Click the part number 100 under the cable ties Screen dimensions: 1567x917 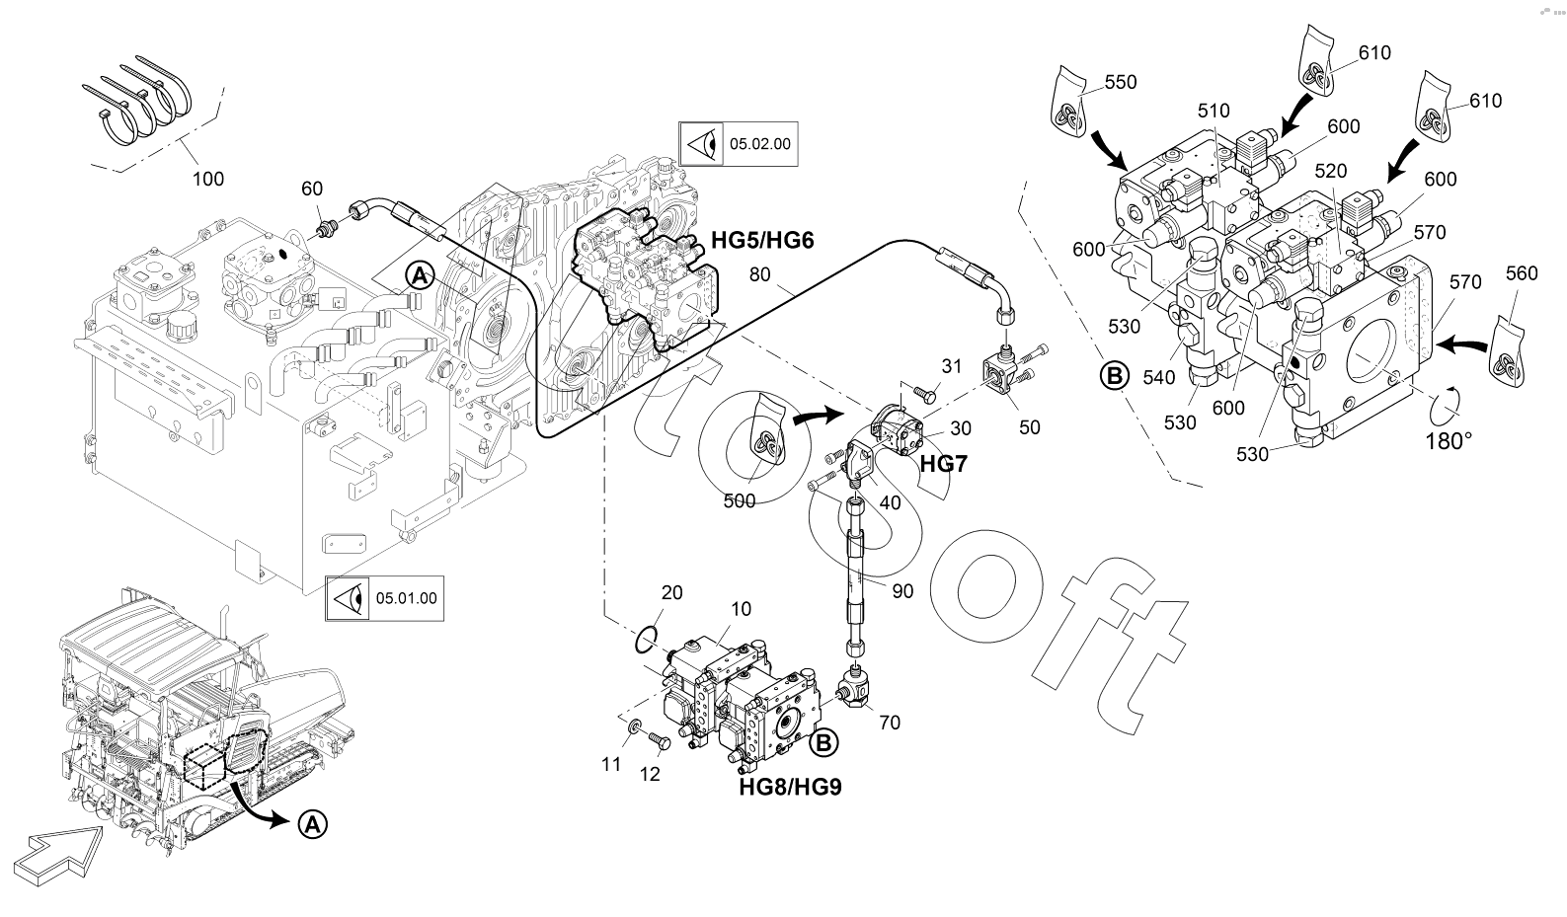pyautogui.click(x=207, y=179)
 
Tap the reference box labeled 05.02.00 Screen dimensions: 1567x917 pyautogui.click(x=738, y=144)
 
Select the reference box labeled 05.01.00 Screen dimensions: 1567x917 pyautogui.click(x=384, y=598)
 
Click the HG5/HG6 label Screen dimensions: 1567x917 pyautogui.click(x=762, y=241)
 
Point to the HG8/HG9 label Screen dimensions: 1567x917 pyautogui.click(x=791, y=787)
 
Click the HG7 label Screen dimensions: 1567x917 pyautogui.click(x=943, y=463)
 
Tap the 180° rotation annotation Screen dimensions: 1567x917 pyautogui.click(x=1449, y=441)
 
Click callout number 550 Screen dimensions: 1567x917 pyautogui.click(x=1121, y=82)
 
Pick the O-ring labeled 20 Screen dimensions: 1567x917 pyautogui.click(x=647, y=640)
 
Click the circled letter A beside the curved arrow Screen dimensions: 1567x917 pyautogui.click(x=312, y=824)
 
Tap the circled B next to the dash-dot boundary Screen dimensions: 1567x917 pyautogui.click(x=1115, y=376)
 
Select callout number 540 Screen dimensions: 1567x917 pyautogui.click(x=1158, y=378)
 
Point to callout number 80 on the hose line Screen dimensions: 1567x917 pyautogui.click(x=759, y=274)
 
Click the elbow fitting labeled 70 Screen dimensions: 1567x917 pyautogui.click(x=852, y=687)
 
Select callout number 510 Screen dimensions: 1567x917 pyautogui.click(x=1214, y=111)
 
